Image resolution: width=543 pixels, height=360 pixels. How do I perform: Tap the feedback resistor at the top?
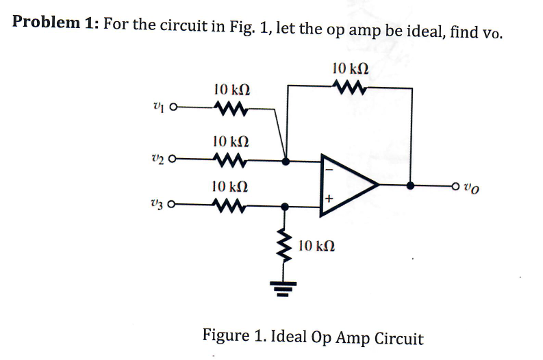pyautogui.click(x=350, y=87)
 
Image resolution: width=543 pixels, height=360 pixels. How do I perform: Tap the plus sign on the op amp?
pyautogui.click(x=329, y=199)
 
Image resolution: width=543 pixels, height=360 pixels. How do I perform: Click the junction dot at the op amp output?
pyautogui.click(x=410, y=185)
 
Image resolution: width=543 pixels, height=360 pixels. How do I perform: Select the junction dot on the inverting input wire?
pyautogui.click(x=286, y=162)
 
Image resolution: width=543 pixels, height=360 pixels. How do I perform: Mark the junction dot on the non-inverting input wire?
pyautogui.click(x=286, y=205)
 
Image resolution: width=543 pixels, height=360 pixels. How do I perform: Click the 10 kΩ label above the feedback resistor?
pyautogui.click(x=350, y=68)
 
